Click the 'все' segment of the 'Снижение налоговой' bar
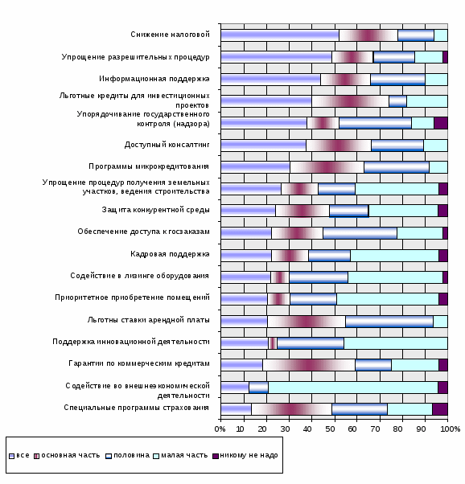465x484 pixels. coord(280,35)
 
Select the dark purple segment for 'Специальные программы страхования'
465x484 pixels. coord(440,409)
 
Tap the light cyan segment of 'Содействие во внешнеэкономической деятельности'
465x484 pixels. coord(353,388)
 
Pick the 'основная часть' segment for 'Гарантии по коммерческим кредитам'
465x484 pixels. coord(309,365)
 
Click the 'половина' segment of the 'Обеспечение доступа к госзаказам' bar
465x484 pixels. coord(360,233)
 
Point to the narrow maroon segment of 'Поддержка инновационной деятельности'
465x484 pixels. coord(273,343)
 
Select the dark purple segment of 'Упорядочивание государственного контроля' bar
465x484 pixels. coord(441,123)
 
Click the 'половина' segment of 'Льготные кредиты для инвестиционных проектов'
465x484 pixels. coord(397,101)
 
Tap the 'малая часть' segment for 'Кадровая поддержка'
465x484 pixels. coord(394,256)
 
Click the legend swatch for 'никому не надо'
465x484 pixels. coord(216,456)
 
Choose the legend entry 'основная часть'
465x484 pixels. coord(67,456)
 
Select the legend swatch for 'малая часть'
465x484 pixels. coord(156,456)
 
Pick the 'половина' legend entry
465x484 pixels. coord(128,456)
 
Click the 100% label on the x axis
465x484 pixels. coord(451,429)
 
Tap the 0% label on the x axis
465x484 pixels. coord(220,429)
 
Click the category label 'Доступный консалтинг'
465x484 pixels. coord(167,145)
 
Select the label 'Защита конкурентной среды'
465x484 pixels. coord(156,210)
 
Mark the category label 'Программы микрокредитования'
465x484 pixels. coord(149,166)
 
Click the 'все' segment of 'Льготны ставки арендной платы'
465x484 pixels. coord(245,322)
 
